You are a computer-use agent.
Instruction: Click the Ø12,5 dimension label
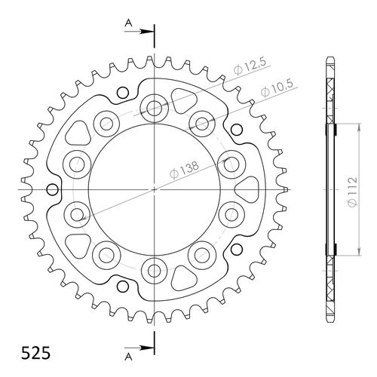[250, 67]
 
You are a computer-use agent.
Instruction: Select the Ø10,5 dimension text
[277, 89]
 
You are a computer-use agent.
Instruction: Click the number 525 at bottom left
[35, 353]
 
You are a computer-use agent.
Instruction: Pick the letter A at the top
[128, 23]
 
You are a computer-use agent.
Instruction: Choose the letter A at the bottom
[128, 357]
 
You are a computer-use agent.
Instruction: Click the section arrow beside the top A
[139, 32]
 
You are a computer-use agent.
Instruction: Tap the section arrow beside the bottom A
[139, 348]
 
